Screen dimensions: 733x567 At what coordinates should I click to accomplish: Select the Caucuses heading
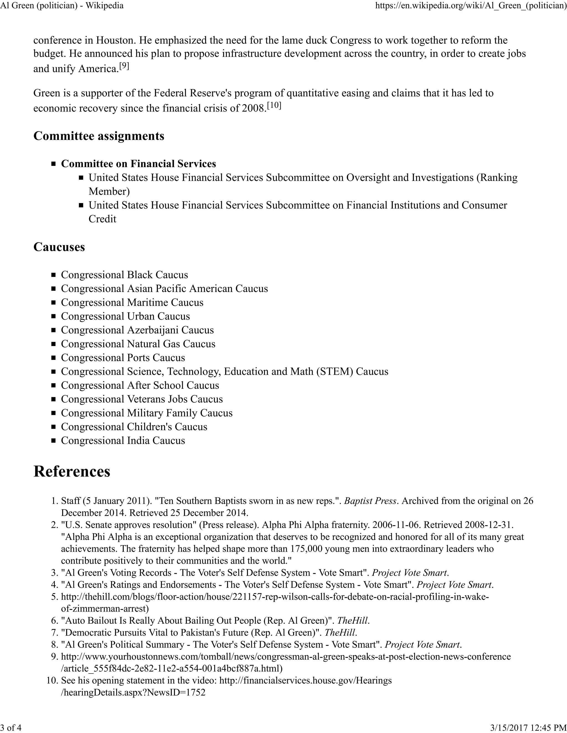pyautogui.click(x=59, y=247)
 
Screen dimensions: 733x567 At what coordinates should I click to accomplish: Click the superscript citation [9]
pyautogui.click(x=124, y=66)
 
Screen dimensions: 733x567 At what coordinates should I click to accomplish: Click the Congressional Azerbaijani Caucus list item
pyautogui.click(x=137, y=330)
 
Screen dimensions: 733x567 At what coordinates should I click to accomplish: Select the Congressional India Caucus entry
pyautogui.click(x=123, y=440)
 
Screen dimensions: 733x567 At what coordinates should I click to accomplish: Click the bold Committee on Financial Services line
pyautogui.click(x=138, y=163)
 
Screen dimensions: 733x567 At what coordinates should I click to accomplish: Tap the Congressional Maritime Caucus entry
pyautogui.click(x=132, y=302)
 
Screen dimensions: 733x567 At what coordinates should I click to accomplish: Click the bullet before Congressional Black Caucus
pyautogui.click(x=53, y=275)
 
